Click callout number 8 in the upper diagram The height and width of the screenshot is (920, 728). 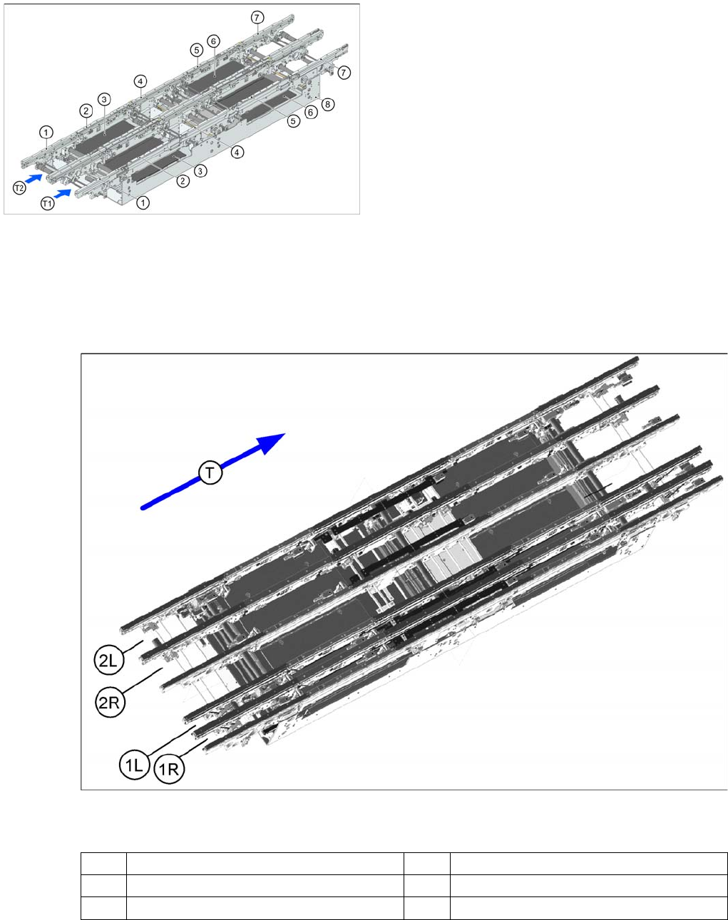[x=328, y=104]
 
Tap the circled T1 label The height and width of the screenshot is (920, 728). [x=48, y=204]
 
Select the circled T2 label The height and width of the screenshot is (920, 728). [x=19, y=187]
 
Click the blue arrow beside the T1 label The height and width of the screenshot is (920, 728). [x=63, y=194]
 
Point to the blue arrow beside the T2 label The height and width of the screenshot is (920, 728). [x=34, y=178]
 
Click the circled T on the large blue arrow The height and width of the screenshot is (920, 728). [x=210, y=472]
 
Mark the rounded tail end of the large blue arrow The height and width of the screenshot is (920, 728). [x=143, y=508]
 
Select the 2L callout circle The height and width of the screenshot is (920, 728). [x=108, y=661]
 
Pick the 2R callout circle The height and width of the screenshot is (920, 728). [x=110, y=702]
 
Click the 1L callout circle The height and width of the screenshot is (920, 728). [x=134, y=765]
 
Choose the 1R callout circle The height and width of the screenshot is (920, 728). [x=169, y=769]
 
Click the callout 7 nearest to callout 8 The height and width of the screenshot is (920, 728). [x=344, y=73]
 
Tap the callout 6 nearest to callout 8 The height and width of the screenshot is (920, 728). [x=311, y=113]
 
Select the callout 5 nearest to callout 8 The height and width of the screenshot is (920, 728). [x=293, y=121]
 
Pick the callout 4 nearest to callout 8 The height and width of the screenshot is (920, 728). [x=237, y=152]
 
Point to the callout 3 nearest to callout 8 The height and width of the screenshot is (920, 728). [x=200, y=172]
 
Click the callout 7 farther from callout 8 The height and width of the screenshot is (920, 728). [x=257, y=18]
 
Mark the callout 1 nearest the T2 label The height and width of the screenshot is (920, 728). [x=46, y=132]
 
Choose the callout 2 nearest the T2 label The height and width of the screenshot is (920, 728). [x=86, y=110]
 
